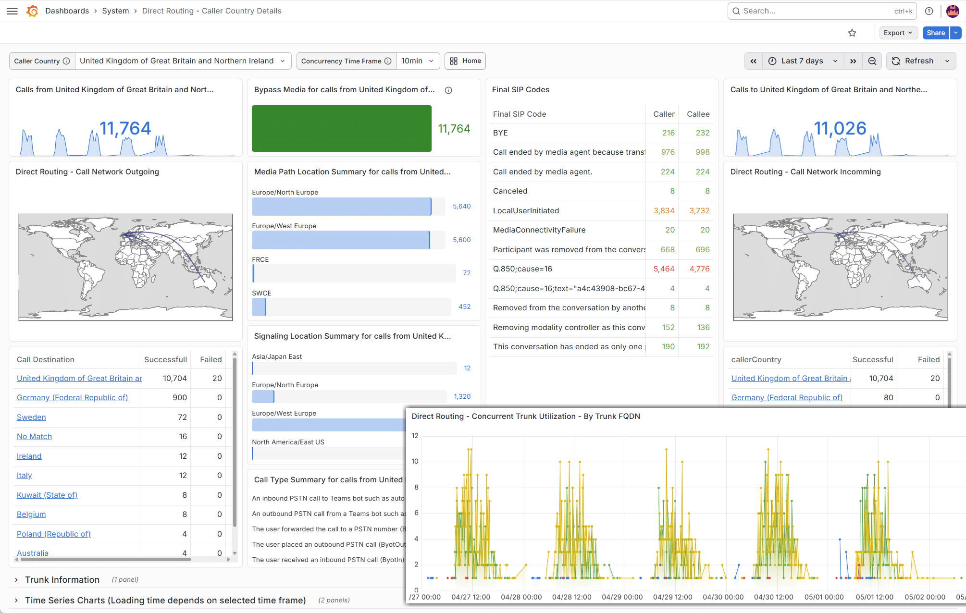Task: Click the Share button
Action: pyautogui.click(x=936, y=33)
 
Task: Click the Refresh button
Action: pyautogui.click(x=913, y=61)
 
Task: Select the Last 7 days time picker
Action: pyautogui.click(x=802, y=61)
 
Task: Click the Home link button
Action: pyautogui.click(x=465, y=61)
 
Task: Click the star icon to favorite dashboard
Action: pyautogui.click(x=852, y=33)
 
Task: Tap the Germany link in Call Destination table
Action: pyautogui.click(x=73, y=398)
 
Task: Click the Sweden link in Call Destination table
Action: pyautogui.click(x=31, y=417)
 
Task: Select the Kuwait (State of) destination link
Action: pyautogui.click(x=47, y=495)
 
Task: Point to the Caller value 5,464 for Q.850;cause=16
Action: pyautogui.click(x=664, y=269)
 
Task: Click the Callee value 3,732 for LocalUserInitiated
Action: pyautogui.click(x=699, y=211)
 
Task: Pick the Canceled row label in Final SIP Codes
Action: pyautogui.click(x=510, y=191)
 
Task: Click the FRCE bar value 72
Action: pyautogui.click(x=467, y=273)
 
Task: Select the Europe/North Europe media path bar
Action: pyautogui.click(x=342, y=207)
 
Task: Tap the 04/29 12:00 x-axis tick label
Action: pyautogui.click(x=672, y=597)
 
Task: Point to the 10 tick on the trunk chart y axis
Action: pyautogui.click(x=415, y=461)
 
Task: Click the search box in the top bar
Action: pyautogui.click(x=822, y=11)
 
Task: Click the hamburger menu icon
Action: pyautogui.click(x=12, y=11)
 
